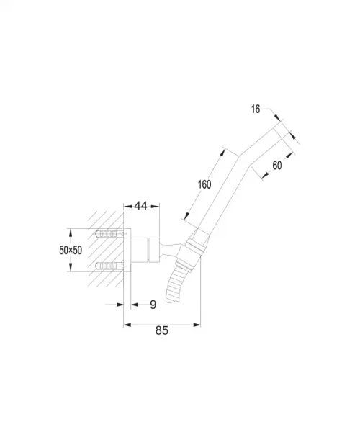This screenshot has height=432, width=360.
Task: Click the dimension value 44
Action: click(x=140, y=205)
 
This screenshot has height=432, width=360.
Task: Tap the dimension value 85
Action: click(x=162, y=330)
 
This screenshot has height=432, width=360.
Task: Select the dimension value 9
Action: click(x=153, y=305)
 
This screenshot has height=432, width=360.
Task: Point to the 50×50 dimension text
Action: click(x=71, y=250)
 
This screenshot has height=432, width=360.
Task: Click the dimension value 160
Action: click(x=204, y=184)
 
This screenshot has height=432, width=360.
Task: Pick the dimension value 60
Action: click(x=277, y=166)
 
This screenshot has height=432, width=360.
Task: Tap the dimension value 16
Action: click(x=256, y=109)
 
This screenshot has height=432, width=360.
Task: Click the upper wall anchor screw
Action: click(x=109, y=235)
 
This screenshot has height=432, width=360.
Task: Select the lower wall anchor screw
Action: click(x=109, y=266)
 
